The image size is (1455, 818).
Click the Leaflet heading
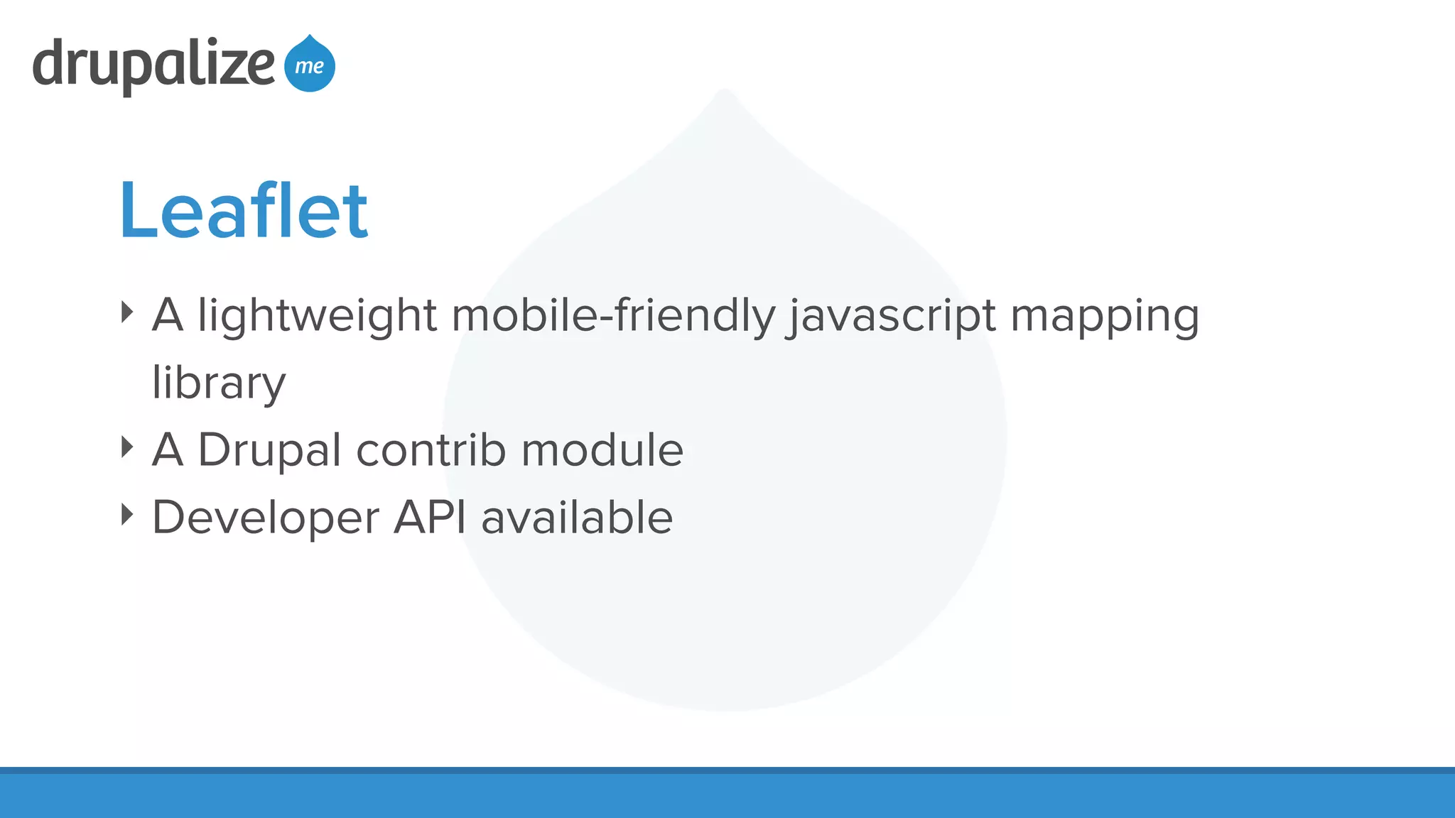coord(244,211)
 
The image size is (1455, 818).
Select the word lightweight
coord(317,315)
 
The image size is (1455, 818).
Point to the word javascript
coord(892,315)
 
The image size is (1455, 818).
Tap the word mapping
coord(1105,317)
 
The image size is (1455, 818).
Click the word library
coord(219,383)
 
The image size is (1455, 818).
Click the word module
coord(602,450)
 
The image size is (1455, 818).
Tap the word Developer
coord(266,518)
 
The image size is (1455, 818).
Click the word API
coord(430,517)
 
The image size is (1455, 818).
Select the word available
coord(577,517)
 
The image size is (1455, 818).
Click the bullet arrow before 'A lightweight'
coord(127,312)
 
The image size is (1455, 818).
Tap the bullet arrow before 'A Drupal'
coord(127,447)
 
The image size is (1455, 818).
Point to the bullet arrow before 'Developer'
coord(127,514)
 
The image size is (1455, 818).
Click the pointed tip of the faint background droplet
coord(724,91)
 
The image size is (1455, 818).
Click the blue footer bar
coord(727,794)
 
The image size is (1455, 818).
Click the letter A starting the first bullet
coord(168,315)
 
